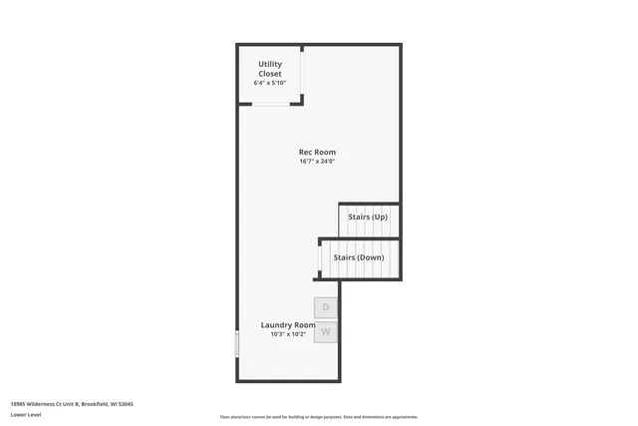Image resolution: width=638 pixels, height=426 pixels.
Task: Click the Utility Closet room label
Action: [x=270, y=69]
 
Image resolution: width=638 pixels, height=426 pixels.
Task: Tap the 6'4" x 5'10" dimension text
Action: [x=270, y=83]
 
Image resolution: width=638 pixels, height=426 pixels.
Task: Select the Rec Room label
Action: [x=317, y=153]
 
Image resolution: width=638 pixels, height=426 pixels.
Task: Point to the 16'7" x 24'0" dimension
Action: [x=317, y=162]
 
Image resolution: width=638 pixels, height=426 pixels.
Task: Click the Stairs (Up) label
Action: [x=368, y=216]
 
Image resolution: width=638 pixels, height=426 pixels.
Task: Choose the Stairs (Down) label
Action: [x=358, y=257]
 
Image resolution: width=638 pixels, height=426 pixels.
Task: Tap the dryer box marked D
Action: [x=326, y=307]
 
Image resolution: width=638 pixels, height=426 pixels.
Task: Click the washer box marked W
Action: [x=326, y=331]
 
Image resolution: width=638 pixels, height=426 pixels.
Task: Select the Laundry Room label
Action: [x=288, y=325]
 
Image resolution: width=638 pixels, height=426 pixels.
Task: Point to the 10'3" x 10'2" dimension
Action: [x=288, y=335]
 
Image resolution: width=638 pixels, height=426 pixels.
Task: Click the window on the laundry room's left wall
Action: [x=237, y=345]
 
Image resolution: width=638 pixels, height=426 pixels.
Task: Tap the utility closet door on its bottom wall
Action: [x=270, y=101]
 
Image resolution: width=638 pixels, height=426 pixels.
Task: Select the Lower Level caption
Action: [x=26, y=414]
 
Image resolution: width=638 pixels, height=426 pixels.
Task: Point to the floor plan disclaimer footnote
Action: [x=318, y=417]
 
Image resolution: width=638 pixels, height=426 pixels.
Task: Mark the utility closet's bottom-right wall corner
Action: [x=301, y=101]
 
